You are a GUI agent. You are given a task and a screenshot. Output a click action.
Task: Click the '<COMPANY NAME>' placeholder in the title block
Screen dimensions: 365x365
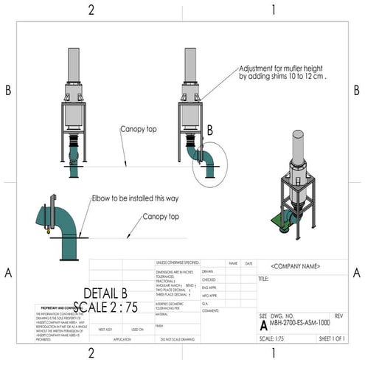click(x=295, y=265)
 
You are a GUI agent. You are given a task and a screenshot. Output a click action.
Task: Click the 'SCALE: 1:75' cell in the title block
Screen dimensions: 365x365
click(x=274, y=338)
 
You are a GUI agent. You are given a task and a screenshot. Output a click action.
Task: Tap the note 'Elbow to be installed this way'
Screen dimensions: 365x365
click(x=135, y=198)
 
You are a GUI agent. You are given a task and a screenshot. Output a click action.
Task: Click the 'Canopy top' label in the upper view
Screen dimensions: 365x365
click(x=139, y=129)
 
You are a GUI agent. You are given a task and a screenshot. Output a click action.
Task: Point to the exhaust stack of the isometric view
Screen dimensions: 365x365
click(x=297, y=147)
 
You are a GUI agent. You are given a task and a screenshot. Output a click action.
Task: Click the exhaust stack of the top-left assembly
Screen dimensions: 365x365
click(x=74, y=65)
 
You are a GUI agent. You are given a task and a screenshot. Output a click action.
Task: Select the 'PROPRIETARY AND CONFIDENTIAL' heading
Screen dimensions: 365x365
click(x=61, y=307)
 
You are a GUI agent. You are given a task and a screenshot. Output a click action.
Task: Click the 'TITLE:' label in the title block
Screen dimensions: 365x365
click(x=264, y=279)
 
